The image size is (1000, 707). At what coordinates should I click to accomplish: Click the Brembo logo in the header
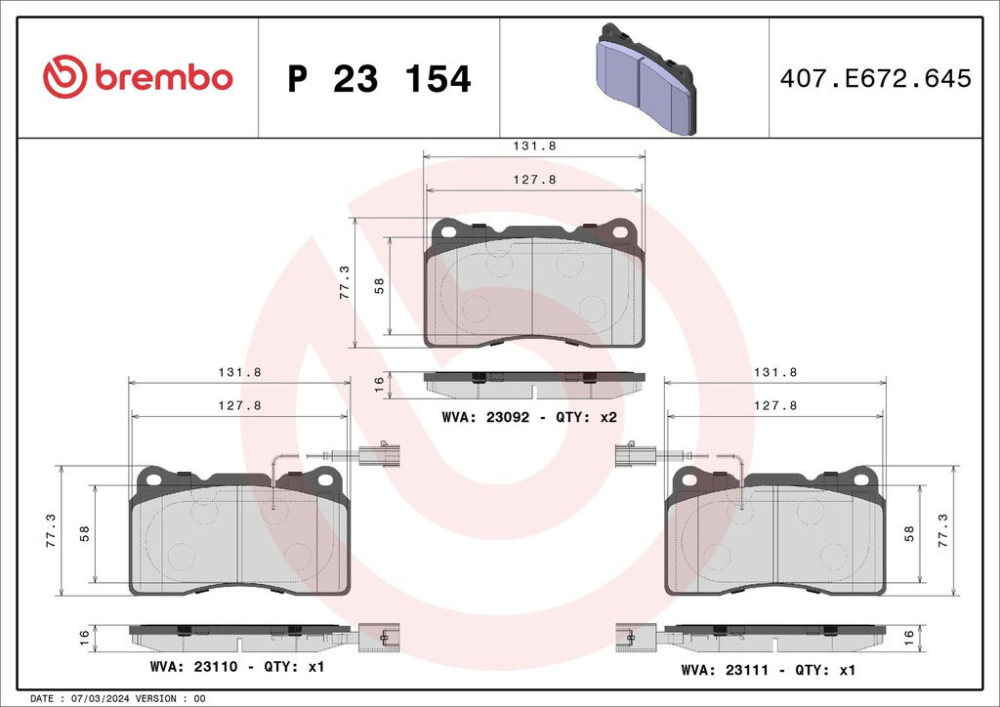pos(138,77)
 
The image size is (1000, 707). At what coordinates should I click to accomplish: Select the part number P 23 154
pos(379,79)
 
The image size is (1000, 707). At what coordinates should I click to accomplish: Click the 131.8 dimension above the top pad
pos(534,146)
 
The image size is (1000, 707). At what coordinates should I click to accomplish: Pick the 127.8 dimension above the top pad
pos(534,180)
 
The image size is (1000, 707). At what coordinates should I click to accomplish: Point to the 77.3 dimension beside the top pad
pos(345,282)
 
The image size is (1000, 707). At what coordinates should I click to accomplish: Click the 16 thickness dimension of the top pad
pos(379,384)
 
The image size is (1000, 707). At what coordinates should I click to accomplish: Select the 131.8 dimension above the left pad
pos(239,372)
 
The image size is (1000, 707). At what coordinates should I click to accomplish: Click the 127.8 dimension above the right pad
pos(775,405)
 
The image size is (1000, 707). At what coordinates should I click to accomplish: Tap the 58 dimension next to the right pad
pos(909,533)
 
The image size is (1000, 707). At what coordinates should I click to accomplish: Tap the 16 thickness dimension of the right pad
pos(909,636)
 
